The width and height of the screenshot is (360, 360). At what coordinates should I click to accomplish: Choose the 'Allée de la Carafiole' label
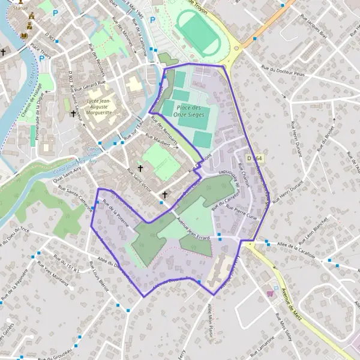(297, 247)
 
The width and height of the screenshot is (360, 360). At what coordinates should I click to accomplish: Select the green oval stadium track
(197, 34)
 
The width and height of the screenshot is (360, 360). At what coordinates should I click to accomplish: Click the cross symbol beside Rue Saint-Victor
(140, 169)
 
